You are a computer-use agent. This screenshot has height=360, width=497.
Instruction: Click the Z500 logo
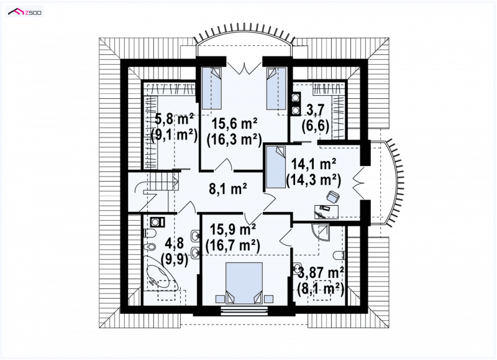coord(25,12)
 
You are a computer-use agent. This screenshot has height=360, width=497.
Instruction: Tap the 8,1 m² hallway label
coord(228,190)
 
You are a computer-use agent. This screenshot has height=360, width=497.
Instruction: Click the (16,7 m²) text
coord(233,245)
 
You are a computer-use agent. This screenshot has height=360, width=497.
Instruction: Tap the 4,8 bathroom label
coord(175,245)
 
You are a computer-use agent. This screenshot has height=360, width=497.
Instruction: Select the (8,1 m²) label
coord(321,289)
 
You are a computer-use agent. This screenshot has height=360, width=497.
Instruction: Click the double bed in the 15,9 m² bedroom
coord(244,283)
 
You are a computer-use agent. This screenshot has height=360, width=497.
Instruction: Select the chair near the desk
coord(332,196)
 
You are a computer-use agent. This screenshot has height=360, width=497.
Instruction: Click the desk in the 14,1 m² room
coord(326,212)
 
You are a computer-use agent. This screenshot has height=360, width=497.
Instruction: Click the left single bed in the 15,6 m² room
coord(211,88)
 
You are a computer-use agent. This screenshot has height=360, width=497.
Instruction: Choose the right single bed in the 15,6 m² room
coord(276,88)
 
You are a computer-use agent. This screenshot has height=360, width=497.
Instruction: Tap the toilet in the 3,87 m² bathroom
coord(339,255)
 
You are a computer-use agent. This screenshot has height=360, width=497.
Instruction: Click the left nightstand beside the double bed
coord(220,299)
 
